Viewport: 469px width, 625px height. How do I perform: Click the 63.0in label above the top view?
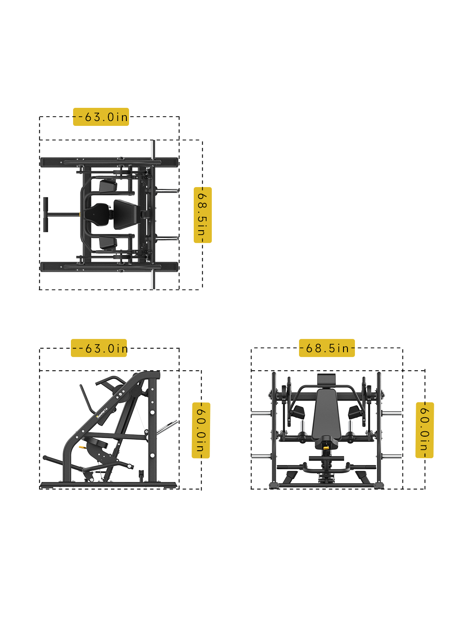click(101, 117)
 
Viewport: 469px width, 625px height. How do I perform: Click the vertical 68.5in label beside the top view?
click(203, 215)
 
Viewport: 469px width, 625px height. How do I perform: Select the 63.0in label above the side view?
click(99, 348)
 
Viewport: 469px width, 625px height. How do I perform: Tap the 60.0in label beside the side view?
click(201, 430)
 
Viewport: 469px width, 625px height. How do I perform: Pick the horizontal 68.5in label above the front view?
click(327, 348)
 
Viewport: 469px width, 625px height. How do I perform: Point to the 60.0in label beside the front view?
click(425, 430)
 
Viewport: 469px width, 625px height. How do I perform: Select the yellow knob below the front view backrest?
click(326, 448)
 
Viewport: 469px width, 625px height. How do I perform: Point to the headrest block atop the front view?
click(326, 379)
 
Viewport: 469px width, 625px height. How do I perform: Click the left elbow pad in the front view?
click(298, 412)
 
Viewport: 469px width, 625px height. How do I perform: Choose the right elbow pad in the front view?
click(355, 412)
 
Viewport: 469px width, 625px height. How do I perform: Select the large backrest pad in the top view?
click(127, 214)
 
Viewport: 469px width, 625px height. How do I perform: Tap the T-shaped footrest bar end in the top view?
click(45, 214)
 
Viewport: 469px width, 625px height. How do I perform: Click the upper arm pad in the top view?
click(108, 186)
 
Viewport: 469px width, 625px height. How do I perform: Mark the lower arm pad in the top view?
click(108, 243)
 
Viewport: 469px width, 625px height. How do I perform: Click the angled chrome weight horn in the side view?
click(167, 427)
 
